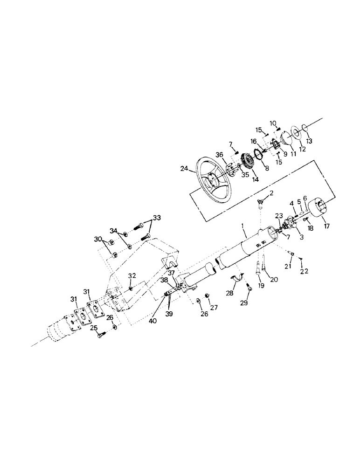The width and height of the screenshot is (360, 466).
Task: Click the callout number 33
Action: click(157, 217)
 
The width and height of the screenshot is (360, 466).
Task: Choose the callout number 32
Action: click(132, 275)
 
